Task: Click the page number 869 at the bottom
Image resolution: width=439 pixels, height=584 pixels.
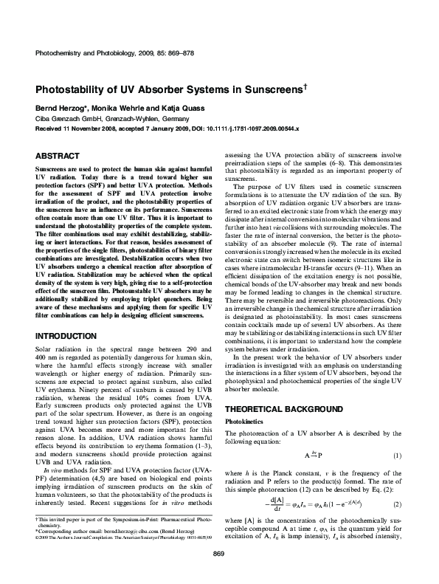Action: click(218, 574)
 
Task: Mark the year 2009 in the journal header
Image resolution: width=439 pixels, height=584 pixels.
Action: click(148, 54)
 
